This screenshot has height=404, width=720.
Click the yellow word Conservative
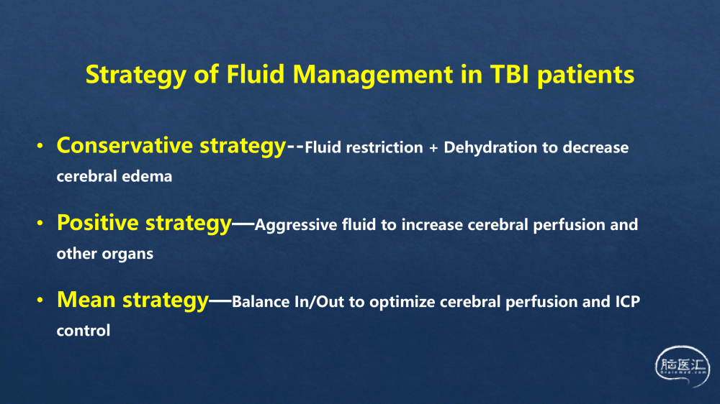click(x=124, y=145)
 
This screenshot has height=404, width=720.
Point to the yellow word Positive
click(x=97, y=222)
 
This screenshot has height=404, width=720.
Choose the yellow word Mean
click(x=86, y=300)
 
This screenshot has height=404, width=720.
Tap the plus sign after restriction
click(x=433, y=148)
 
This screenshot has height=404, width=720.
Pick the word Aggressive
click(x=296, y=226)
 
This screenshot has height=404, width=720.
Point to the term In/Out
click(x=319, y=302)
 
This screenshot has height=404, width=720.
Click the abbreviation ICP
click(x=627, y=302)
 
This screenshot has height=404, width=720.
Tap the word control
click(x=83, y=331)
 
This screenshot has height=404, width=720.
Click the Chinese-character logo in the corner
click(x=683, y=367)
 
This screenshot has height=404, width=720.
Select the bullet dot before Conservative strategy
click(x=40, y=146)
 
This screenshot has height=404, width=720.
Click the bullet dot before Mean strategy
click(x=40, y=300)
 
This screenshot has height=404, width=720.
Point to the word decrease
click(x=595, y=148)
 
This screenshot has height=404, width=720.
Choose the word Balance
click(x=261, y=302)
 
